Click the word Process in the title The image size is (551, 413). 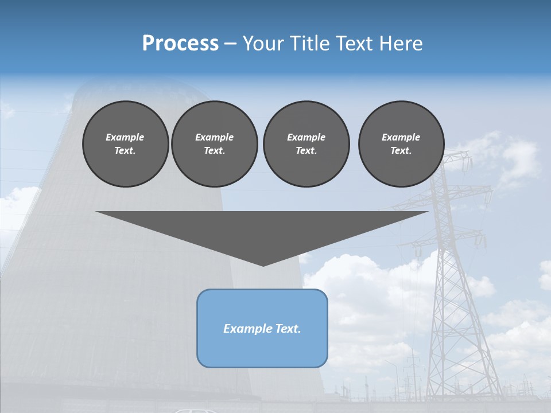coord(180,44)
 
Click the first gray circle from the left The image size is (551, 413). coord(125,143)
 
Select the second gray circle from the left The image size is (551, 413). coord(214,143)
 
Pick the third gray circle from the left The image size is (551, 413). coord(306,143)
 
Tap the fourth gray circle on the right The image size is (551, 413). coord(401,143)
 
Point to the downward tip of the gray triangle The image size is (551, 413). coord(263,264)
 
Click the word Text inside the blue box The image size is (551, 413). coord(285,329)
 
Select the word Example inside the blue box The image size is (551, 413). coord(246,329)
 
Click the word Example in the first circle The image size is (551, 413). coord(125,137)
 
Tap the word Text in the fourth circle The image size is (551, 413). coord(401,151)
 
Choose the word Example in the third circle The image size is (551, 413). coord(306,137)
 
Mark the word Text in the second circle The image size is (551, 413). coord(214,151)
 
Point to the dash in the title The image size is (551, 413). coord(230,44)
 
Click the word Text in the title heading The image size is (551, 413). coord(352,44)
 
